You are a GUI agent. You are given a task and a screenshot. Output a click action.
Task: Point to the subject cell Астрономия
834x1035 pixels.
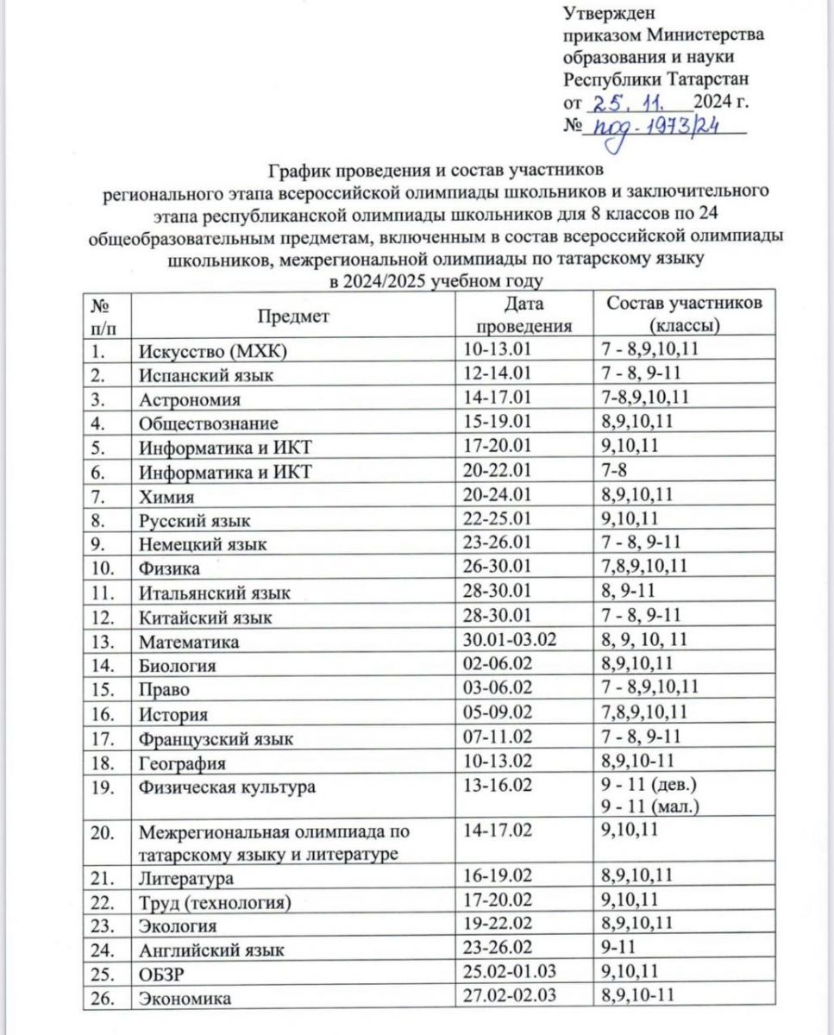[191, 399]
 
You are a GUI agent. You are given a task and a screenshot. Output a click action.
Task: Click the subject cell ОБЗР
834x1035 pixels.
[161, 974]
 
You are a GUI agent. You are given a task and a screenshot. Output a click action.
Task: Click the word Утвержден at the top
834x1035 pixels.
[609, 13]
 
